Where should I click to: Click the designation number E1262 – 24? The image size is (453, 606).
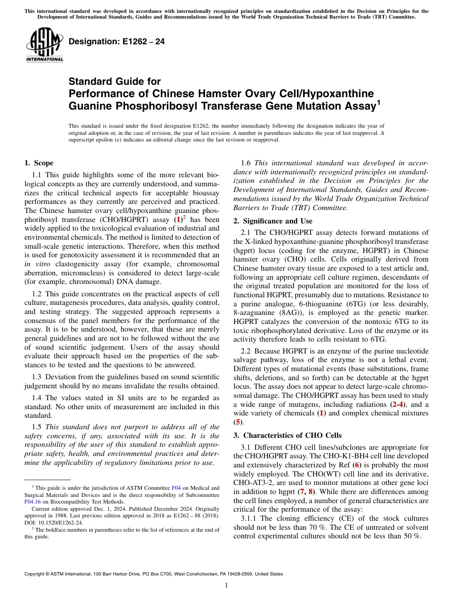(117, 41)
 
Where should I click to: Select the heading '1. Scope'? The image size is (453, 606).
(39, 163)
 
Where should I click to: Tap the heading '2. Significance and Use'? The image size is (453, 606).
(273, 221)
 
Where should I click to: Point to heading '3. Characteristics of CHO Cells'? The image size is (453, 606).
(288, 435)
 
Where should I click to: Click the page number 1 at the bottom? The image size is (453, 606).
(226, 585)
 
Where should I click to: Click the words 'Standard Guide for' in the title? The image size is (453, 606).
(114, 81)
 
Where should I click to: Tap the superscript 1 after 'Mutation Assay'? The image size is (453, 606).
(379, 101)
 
